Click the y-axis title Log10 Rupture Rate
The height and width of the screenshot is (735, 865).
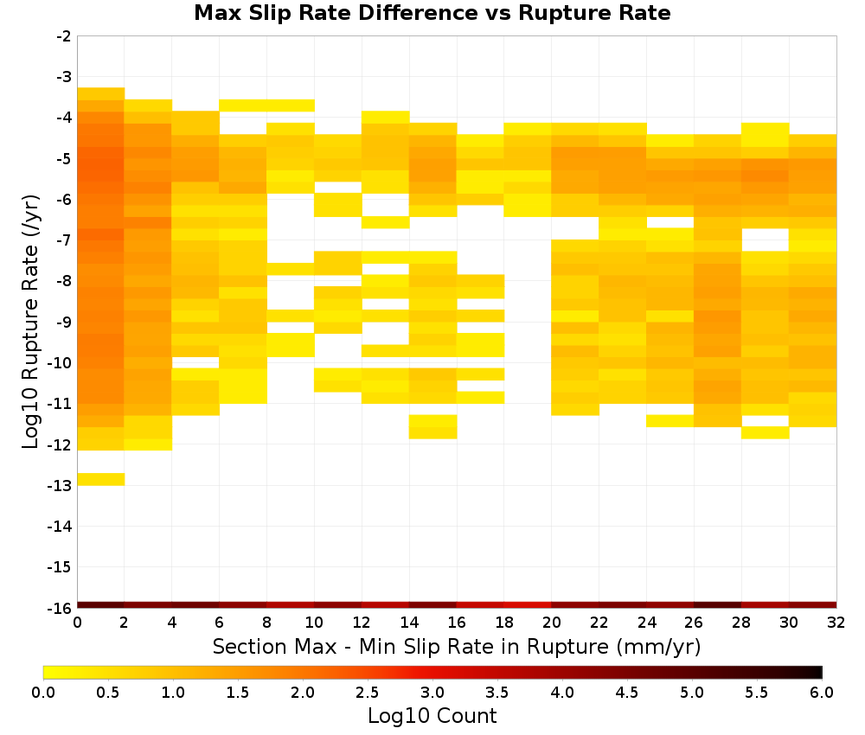(x=31, y=322)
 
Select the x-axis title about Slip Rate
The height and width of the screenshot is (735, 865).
(x=457, y=646)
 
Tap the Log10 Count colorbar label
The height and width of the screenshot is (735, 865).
(x=432, y=716)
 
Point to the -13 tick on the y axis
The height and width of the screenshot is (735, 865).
(x=61, y=485)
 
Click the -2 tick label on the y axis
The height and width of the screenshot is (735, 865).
(x=64, y=36)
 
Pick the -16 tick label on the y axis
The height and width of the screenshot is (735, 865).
(x=61, y=608)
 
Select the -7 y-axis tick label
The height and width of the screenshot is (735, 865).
(x=64, y=240)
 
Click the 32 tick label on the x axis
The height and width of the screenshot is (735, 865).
(x=836, y=623)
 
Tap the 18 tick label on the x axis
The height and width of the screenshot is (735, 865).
(x=504, y=623)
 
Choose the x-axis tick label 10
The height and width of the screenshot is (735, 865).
(x=314, y=623)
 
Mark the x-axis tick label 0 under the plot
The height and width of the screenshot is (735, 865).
(x=77, y=623)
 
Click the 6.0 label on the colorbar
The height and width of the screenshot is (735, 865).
(x=822, y=693)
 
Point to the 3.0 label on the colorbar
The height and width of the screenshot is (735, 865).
(x=432, y=693)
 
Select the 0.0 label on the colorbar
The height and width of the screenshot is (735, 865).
(x=43, y=693)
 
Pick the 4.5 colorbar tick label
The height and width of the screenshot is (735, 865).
(x=626, y=693)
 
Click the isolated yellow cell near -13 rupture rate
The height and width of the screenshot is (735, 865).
(x=101, y=479)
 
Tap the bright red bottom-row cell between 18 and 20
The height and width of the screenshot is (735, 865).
(x=528, y=605)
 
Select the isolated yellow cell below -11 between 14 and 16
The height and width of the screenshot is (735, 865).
(x=433, y=427)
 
